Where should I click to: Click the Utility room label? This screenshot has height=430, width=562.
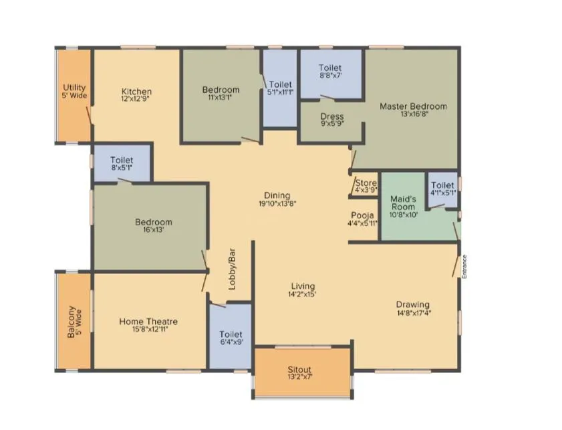74,88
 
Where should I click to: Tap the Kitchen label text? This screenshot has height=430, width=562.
136,92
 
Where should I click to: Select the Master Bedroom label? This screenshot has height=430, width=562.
413,106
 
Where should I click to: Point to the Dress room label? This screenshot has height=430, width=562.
331,116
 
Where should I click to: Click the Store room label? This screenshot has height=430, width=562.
366,183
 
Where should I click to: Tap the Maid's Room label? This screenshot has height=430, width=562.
403,203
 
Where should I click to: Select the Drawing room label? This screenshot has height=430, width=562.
412,305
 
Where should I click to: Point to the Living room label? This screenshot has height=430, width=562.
303,286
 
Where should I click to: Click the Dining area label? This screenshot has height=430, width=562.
276,196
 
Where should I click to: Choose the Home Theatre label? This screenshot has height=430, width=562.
148,322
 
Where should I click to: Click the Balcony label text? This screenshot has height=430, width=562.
72,322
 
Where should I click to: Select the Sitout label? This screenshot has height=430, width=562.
300,369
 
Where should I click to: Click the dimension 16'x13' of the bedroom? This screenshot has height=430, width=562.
153,229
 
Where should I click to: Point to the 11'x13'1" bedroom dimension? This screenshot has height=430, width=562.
221,98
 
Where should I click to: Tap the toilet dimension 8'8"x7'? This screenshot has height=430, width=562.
330,76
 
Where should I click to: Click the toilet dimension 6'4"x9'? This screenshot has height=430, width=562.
231,342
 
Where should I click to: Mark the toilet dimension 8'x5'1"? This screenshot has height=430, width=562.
122,168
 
